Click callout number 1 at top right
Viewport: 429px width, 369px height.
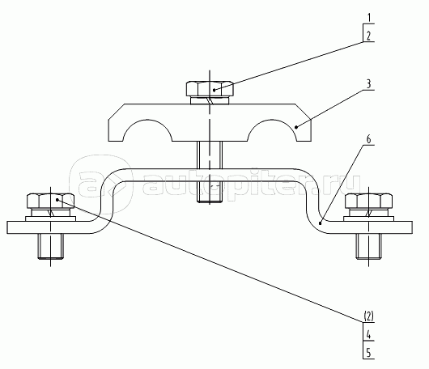[369, 18]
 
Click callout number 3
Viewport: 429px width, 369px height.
[369, 83]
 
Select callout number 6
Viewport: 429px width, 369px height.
[369, 139]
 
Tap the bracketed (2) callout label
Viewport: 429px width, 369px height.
[368, 316]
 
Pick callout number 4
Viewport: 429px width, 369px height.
[369, 334]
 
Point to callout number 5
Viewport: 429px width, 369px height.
[369, 353]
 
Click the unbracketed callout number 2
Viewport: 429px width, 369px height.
[369, 36]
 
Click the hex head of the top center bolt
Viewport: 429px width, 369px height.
[210, 88]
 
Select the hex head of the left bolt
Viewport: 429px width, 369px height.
[51, 201]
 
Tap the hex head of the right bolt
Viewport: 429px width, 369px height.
[368, 201]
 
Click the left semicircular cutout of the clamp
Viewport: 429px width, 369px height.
[148, 130]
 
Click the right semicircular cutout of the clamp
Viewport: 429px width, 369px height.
[272, 130]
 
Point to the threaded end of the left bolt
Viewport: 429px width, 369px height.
[51, 246]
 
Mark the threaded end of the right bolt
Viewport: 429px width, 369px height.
[369, 246]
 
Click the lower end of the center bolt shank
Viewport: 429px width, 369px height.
[210, 201]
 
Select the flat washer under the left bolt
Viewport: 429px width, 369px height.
[51, 218]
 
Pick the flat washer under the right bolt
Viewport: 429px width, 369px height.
[368, 218]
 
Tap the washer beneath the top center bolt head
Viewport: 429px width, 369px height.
[210, 100]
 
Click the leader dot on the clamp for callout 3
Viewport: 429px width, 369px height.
[296, 127]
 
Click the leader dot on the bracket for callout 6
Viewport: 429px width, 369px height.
[320, 223]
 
